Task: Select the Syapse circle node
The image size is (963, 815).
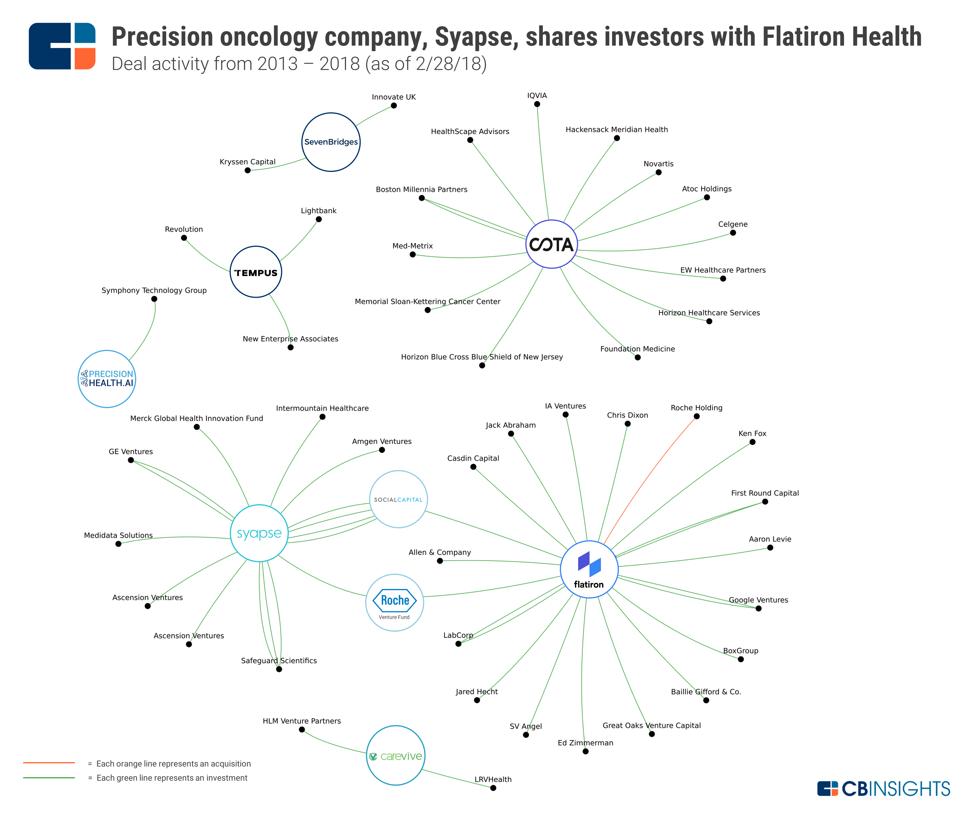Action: (259, 533)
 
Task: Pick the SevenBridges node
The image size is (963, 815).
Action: (331, 142)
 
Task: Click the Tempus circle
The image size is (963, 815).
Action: (256, 272)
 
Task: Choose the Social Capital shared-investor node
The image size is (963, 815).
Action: (398, 499)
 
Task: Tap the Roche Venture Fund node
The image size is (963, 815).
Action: (394, 603)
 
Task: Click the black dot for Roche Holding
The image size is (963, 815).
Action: (697, 416)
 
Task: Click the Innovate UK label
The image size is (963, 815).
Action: (394, 97)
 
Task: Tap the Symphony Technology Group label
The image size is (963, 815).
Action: (154, 290)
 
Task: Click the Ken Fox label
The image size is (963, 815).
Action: (752, 433)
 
